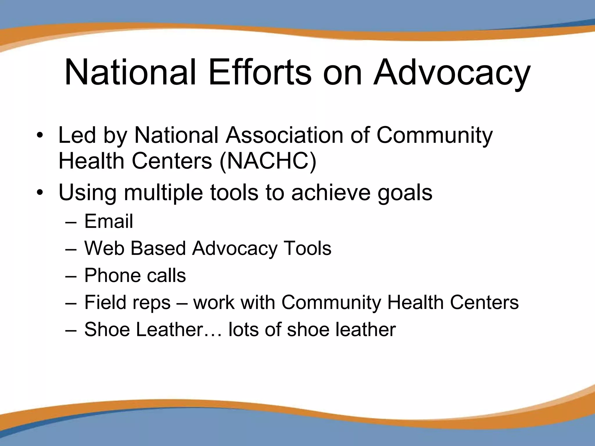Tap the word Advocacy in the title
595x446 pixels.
click(452, 73)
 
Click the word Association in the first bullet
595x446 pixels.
click(285, 135)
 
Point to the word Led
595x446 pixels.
click(77, 135)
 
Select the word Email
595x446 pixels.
click(109, 221)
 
